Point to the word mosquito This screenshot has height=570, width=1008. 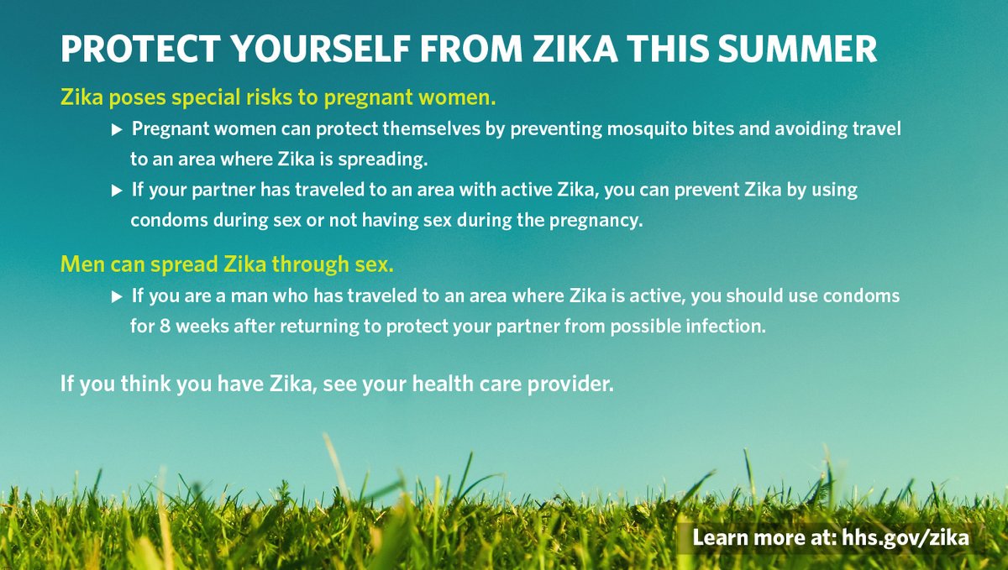[x=614, y=129]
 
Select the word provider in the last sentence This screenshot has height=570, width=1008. [x=577, y=385]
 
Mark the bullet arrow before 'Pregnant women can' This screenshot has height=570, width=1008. [x=117, y=129]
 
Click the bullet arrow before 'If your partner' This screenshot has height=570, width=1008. [x=117, y=190]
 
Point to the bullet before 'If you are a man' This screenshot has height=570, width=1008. [x=117, y=296]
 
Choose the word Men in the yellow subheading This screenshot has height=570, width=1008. [x=80, y=265]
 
